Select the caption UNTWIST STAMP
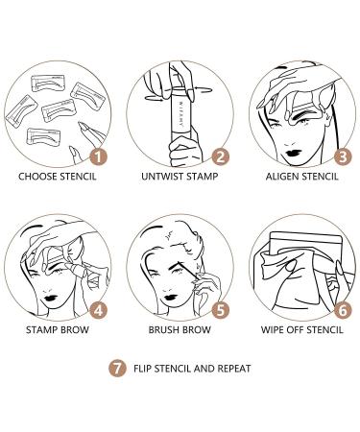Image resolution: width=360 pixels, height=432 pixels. [x=180, y=177]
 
